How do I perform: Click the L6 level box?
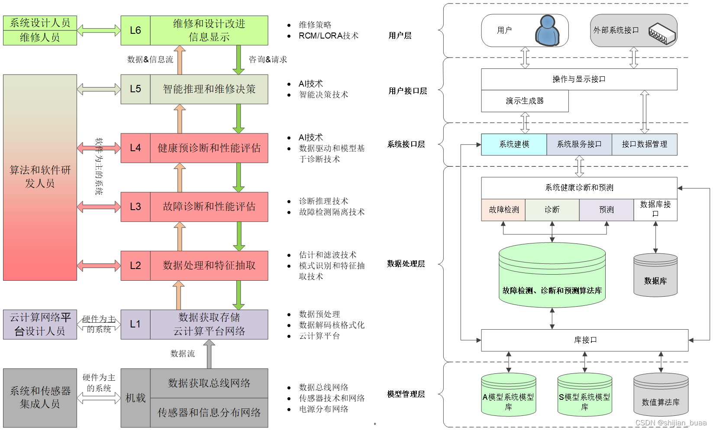pos(136,30)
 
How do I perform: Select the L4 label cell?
pos(136,148)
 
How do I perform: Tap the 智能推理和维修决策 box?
pos(209,89)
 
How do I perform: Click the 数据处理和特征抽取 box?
pos(209,266)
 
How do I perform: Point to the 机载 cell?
pos(136,398)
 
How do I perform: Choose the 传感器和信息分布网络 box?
pos(209,413)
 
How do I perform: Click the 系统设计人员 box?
pos(40,23)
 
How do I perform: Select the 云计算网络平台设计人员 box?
pos(40,324)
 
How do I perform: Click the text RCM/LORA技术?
pos(329,36)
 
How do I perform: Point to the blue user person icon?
pos(547,31)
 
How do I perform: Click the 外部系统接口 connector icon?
pos(662,33)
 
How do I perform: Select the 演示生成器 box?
pos(525,101)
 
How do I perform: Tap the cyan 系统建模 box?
pos(514,144)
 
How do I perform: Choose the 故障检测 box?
pos(503,210)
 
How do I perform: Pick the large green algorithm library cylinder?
pos(552,275)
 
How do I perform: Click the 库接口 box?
pos(584,340)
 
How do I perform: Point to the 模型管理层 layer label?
pos(406,394)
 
